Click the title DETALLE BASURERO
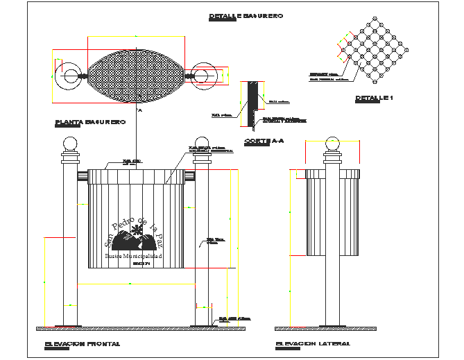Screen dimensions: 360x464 [246, 16]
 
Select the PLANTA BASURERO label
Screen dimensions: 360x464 [90, 122]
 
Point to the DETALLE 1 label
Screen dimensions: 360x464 [374, 98]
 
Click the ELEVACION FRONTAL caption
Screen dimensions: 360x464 [82, 343]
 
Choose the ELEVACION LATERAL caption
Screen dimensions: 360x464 [312, 343]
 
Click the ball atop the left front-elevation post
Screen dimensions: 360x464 [70, 145]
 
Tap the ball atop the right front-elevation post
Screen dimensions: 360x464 [202, 145]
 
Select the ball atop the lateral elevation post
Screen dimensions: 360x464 [334, 145]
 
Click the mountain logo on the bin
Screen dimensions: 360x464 [133, 242]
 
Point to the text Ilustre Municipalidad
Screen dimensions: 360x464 [133, 257]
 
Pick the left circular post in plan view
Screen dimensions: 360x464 [71, 75]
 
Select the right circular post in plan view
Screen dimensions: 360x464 [203, 75]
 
